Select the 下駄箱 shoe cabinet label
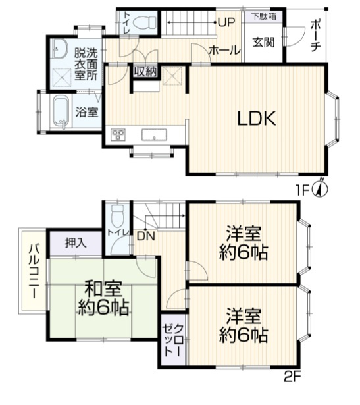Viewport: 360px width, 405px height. click(263, 16)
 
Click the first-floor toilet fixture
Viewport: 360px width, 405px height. click(143, 24)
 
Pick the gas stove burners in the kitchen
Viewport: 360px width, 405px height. click(119, 135)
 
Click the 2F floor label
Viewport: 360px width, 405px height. click(292, 378)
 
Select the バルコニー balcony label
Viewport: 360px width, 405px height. click(33, 270)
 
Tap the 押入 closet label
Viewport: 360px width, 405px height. click(76, 243)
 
